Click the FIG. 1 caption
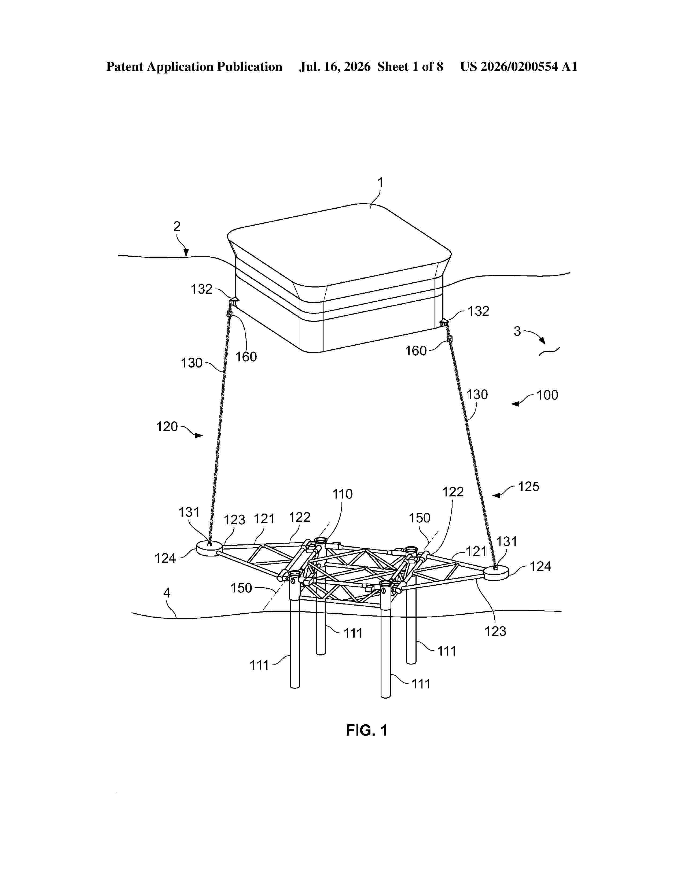point(367,730)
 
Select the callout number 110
point(343,494)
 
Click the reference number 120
point(167,426)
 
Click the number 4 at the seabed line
point(167,593)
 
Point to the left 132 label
point(201,289)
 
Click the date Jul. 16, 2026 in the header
point(335,67)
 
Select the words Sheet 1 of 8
point(410,67)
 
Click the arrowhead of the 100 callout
point(515,404)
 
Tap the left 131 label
point(189,512)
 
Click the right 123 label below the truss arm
point(495,631)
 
